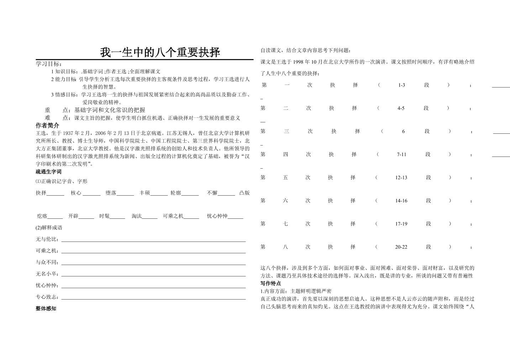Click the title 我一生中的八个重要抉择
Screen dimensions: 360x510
tap(160, 52)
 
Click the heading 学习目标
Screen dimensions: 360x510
tap(48, 64)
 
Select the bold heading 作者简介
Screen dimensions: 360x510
tap(47, 126)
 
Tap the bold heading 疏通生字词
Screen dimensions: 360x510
tap(48, 172)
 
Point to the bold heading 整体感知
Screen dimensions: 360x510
tap(46, 308)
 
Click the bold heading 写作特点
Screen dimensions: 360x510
tap(270, 284)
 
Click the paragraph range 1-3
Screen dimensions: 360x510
tap(401, 85)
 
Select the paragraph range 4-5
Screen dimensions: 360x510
tap(401, 108)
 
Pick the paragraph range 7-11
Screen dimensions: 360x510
tap(401, 154)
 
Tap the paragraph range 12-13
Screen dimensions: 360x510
tap(401, 178)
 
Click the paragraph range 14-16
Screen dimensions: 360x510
tap(401, 201)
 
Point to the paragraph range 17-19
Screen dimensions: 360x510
tap(401, 224)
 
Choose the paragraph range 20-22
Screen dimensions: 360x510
tap(401, 247)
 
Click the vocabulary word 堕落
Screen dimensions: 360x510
tap(111, 193)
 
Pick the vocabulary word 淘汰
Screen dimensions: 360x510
tap(137, 216)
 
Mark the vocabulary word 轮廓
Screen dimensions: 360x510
tap(176, 193)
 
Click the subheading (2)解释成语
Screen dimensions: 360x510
tap(49, 228)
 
